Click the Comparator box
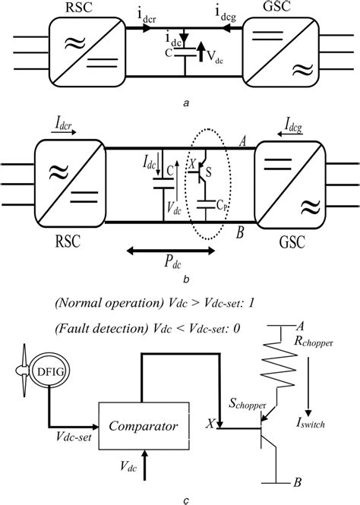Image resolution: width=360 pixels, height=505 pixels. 141,428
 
